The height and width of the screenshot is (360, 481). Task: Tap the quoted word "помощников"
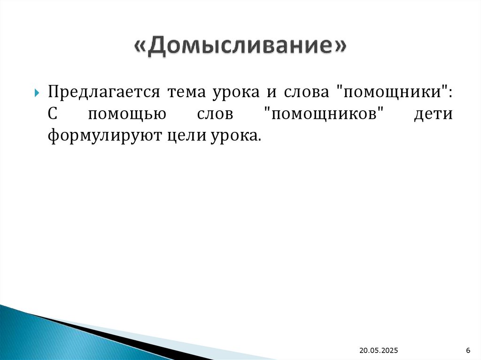tap(324, 115)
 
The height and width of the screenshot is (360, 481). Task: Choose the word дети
tap(433, 114)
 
